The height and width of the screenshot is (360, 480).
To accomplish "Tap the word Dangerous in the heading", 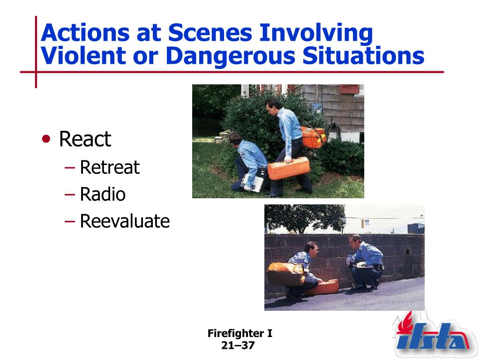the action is point(231,56).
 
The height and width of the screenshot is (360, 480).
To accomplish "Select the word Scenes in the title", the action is point(210,32).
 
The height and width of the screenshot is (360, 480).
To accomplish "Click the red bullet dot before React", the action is point(46,139).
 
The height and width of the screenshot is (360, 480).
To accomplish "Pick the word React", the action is point(85,139).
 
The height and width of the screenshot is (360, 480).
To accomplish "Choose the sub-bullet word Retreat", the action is point(110,167).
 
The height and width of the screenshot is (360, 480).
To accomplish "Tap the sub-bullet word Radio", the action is point(103,194).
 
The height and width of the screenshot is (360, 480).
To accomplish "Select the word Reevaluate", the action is point(125,221).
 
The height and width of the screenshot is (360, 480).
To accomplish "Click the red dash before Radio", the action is point(70,195).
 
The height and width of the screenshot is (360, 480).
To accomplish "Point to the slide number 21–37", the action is point(238,345).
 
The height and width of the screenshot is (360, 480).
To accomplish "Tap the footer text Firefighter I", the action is point(240,333).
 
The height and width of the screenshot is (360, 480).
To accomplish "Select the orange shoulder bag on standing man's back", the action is point(313,137).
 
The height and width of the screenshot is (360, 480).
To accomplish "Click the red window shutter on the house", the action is point(349,89).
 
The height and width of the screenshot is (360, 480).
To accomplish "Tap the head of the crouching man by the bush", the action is point(235,138).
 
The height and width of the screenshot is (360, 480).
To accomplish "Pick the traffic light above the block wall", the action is point(363,223).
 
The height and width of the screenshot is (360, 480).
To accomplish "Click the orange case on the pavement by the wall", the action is point(322,287).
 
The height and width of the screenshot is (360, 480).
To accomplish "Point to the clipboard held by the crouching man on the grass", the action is point(252,183).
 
